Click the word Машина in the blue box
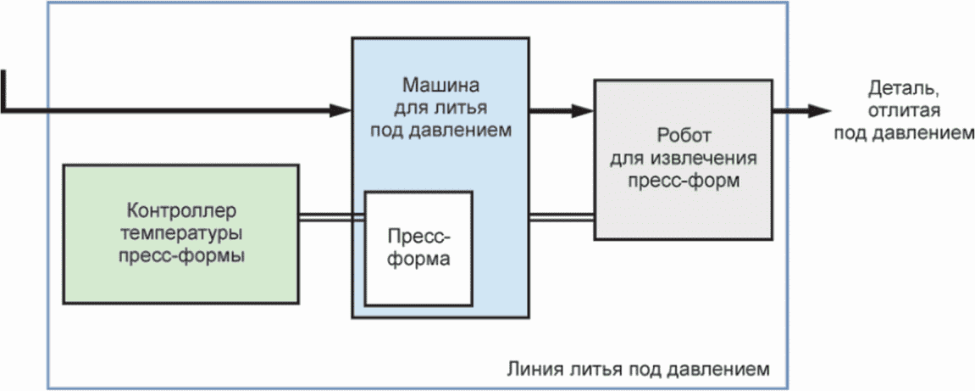click(440, 84)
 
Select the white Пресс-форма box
click(418, 249)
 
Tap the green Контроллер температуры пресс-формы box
click(181, 234)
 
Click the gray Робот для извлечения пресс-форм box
click(684, 159)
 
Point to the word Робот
click(684, 135)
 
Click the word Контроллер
click(181, 211)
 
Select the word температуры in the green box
click(181, 233)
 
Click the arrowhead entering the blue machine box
click(341, 110)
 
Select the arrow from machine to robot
click(562, 110)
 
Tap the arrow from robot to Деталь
click(801, 111)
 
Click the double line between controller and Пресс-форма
click(331, 216)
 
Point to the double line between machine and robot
click(562, 216)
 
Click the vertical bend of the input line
click(4, 91)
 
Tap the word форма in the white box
click(418, 259)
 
